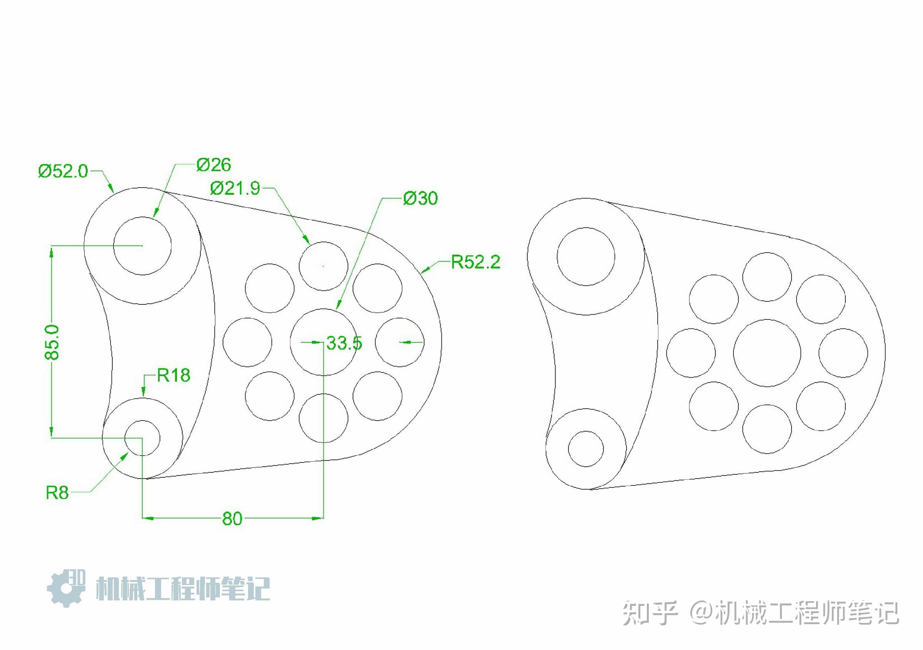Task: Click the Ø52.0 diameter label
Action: pyautogui.click(x=63, y=171)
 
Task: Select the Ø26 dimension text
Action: pyautogui.click(x=213, y=165)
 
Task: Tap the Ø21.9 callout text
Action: pyautogui.click(x=235, y=188)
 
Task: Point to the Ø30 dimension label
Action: pyautogui.click(x=420, y=198)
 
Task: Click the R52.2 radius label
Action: pyautogui.click(x=476, y=262)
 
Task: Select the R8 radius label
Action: pyautogui.click(x=57, y=493)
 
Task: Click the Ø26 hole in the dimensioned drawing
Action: pyautogui.click(x=142, y=246)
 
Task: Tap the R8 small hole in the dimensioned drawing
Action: pyautogui.click(x=142, y=438)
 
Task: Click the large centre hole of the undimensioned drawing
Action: pyautogui.click(x=767, y=353)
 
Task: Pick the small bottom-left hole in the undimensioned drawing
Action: pyautogui.click(x=586, y=449)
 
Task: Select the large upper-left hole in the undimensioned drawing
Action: pyautogui.click(x=586, y=257)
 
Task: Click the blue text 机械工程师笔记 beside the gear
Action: pyautogui.click(x=183, y=589)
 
